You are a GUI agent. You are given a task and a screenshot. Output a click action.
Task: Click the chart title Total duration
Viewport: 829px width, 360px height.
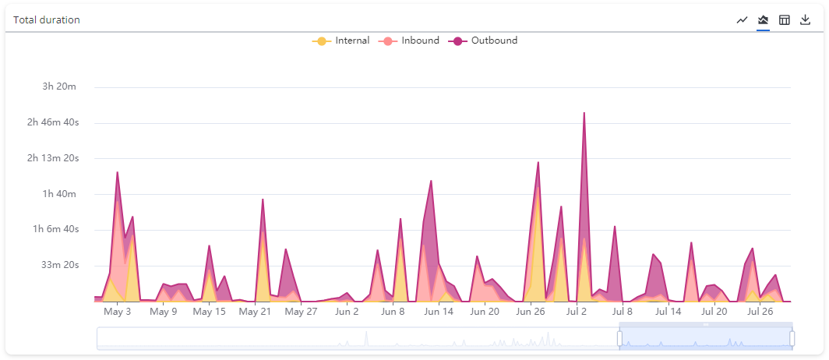coord(47,19)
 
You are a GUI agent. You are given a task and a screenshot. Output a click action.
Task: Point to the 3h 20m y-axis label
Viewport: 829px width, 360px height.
coord(59,86)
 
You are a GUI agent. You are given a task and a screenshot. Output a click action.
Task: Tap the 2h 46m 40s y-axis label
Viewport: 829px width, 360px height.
coord(53,122)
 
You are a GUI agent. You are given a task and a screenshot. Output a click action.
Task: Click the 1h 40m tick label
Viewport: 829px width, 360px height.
coord(59,193)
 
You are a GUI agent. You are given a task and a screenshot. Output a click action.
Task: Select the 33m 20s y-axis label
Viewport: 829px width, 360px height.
coord(59,265)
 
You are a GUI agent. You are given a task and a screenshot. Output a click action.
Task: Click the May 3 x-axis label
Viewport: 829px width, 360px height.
coord(118,312)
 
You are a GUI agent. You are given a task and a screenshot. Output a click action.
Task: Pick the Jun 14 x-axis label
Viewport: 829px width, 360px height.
coord(439,312)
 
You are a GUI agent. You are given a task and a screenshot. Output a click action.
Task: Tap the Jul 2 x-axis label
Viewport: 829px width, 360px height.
coord(577,312)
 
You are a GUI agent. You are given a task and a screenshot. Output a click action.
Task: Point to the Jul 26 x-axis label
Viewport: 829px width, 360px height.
coord(760,312)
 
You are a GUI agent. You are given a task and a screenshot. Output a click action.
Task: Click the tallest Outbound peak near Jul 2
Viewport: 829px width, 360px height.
coord(584,113)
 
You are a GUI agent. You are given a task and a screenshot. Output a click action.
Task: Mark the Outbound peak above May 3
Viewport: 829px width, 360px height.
coord(118,172)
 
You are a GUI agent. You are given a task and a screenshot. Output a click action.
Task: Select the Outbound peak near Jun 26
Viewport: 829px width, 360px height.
coord(538,162)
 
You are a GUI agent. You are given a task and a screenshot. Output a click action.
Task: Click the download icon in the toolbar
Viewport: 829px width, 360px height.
coord(806,19)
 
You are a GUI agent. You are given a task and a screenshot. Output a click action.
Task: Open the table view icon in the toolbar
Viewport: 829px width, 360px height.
coord(785,19)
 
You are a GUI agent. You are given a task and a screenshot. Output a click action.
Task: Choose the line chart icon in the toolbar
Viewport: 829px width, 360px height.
coord(743,19)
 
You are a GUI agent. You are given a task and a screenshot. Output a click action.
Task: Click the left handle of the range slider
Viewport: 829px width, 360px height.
coord(620,338)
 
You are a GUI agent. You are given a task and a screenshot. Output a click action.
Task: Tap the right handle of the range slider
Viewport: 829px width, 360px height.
coord(792,338)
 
